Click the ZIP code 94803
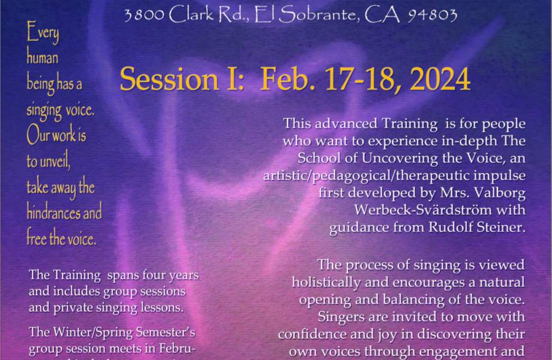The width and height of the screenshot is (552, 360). [x=433, y=15]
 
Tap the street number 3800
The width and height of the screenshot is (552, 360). [x=144, y=15]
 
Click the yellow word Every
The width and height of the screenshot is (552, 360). [x=43, y=32]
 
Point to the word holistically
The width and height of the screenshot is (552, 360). [x=326, y=283]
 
